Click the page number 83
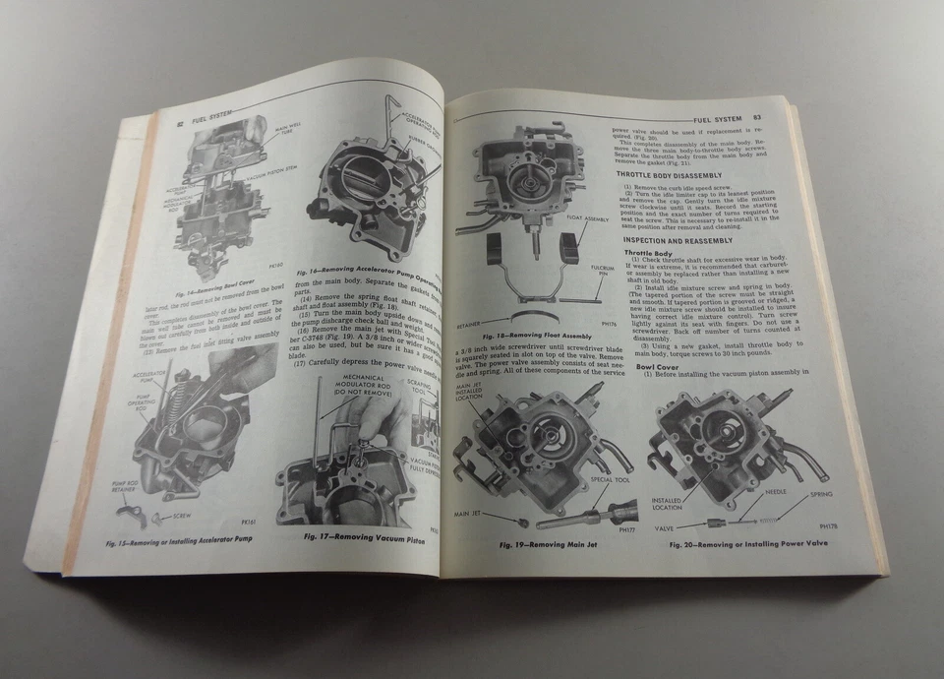point(757,117)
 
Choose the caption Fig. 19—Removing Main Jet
point(543,544)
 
